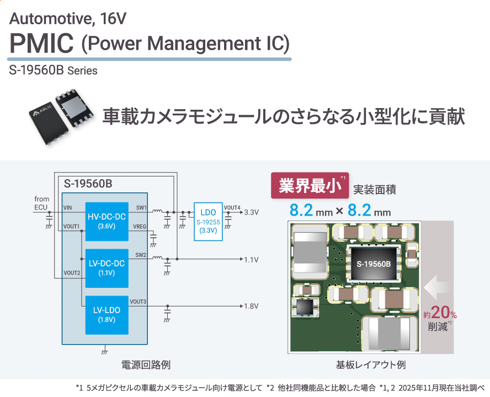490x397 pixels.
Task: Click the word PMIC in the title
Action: point(41,43)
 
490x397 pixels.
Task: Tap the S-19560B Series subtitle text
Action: point(53,71)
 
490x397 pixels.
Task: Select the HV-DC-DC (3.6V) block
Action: point(105,221)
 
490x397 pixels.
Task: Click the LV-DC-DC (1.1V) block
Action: point(105,267)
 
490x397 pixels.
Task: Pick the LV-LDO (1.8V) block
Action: point(105,314)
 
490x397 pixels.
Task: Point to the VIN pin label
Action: point(68,207)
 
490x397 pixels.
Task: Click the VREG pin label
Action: point(140,227)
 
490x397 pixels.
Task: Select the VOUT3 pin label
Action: point(138,302)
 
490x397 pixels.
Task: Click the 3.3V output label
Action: point(251,212)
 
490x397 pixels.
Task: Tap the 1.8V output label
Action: point(251,306)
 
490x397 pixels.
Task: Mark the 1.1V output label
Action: point(251,259)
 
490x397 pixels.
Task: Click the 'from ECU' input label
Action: point(41,203)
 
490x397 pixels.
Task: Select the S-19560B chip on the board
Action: point(374,264)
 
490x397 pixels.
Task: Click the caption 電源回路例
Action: point(146,365)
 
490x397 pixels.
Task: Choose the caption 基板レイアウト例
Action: point(370,365)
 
